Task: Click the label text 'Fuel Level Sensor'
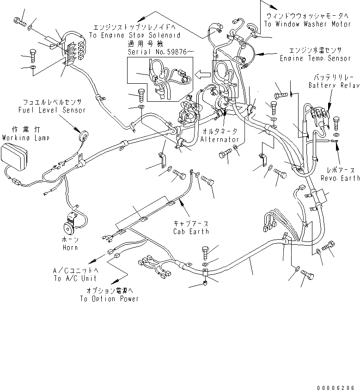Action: (52, 110)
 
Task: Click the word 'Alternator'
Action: (220, 139)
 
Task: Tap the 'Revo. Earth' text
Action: (340, 178)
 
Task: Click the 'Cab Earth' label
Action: (191, 231)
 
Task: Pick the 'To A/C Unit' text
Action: (75, 278)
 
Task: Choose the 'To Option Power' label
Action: (109, 298)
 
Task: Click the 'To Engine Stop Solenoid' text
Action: (134, 35)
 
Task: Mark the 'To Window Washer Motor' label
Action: (308, 24)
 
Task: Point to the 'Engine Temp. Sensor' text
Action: (316, 58)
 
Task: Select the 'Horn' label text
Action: (69, 248)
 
